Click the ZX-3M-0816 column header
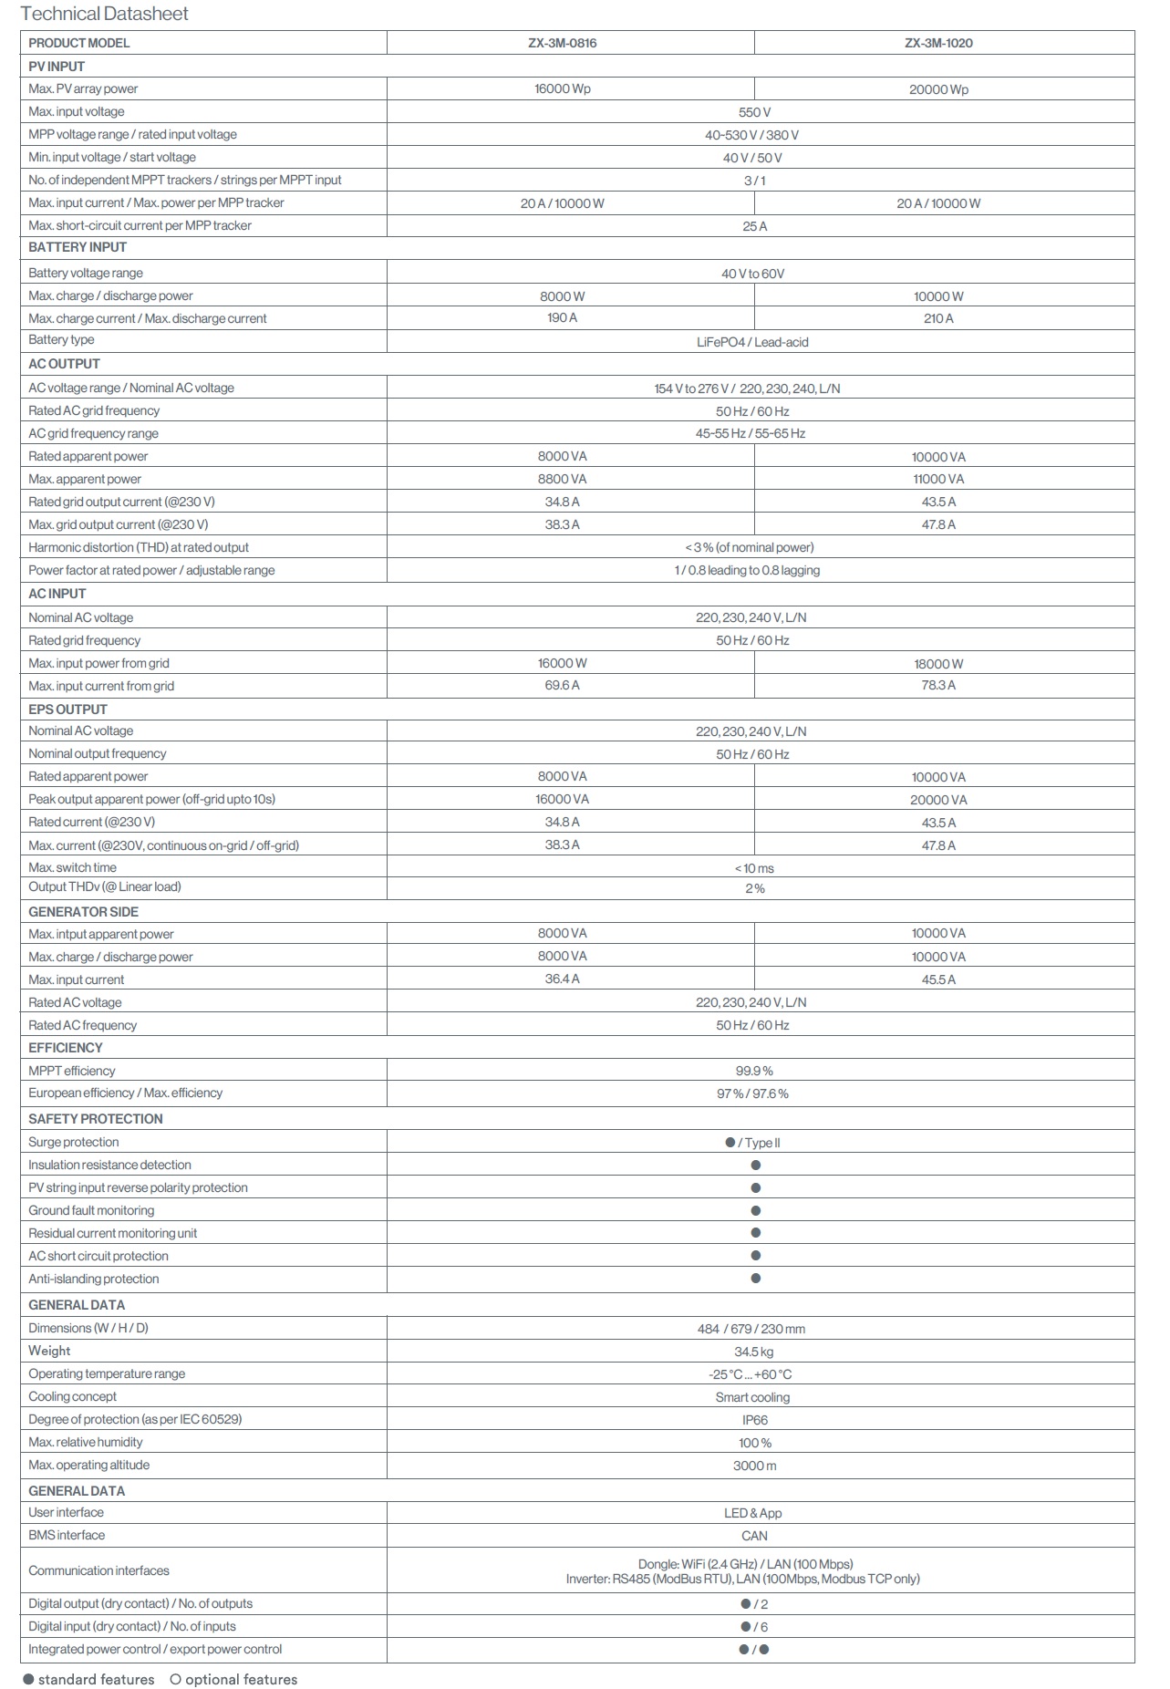coord(562,43)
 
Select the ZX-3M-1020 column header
coord(938,43)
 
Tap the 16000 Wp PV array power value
coord(562,89)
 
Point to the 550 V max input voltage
coord(754,112)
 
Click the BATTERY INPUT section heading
coord(78,247)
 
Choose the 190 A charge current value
coord(562,318)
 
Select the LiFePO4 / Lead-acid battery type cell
coord(752,342)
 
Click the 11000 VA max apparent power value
coord(938,479)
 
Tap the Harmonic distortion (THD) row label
coord(139,547)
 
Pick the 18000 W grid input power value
coord(938,664)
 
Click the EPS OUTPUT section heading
coord(67,709)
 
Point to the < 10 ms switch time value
coord(754,868)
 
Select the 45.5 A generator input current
coord(938,979)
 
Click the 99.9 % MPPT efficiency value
coord(754,1071)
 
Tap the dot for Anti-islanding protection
coord(755,1279)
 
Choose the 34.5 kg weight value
coord(754,1352)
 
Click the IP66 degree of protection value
coord(754,1420)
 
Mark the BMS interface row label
coord(67,1535)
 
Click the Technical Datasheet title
coord(104,14)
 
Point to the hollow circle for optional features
coord(176,1679)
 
